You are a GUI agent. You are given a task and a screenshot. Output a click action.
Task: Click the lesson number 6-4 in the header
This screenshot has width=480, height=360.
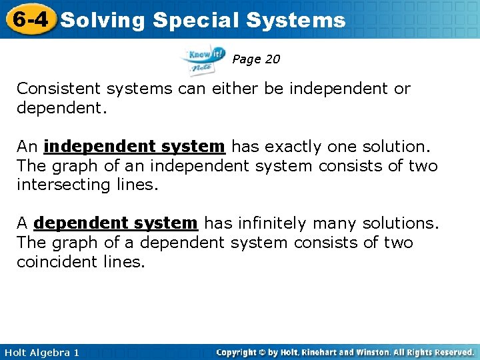coord(29,19)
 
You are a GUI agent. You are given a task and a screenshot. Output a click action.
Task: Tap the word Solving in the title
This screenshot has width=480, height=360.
coord(102,21)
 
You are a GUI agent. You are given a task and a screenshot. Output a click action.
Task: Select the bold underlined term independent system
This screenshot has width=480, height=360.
coord(134,146)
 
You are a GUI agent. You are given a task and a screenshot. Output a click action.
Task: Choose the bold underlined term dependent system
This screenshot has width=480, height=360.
coord(115,223)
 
